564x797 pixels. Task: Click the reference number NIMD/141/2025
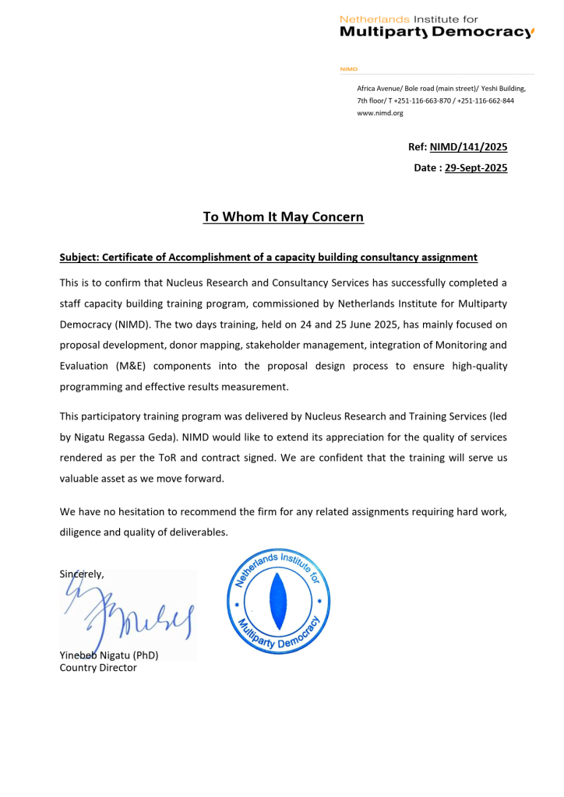click(468, 146)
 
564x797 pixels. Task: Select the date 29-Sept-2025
click(476, 167)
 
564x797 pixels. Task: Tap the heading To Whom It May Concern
click(283, 217)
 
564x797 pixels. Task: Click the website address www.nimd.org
click(380, 113)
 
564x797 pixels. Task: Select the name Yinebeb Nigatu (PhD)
click(109, 655)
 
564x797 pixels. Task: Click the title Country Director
click(98, 667)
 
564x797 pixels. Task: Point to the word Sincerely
click(82, 574)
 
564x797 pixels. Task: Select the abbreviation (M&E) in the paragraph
click(138, 366)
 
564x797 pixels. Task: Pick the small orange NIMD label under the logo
click(348, 69)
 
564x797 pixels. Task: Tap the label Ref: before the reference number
click(418, 146)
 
